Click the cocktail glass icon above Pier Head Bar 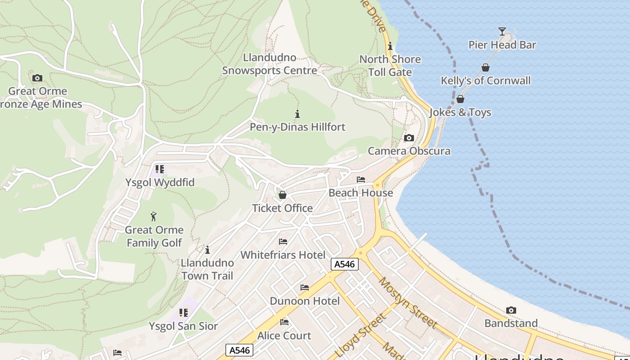click(502, 31)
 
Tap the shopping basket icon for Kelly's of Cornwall click(486, 68)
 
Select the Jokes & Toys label click(460, 112)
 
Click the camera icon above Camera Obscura click(409, 138)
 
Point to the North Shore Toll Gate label click(390, 66)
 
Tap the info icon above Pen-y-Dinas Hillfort click(297, 114)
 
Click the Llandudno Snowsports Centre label click(270, 64)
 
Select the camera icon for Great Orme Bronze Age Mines click(37, 78)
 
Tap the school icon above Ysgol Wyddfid click(159, 169)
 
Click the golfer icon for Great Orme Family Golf click(153, 216)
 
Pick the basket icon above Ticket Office click(283, 195)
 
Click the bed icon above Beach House click(361, 180)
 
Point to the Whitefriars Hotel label click(283, 255)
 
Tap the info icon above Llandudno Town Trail click(207, 250)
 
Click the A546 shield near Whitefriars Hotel click(345, 264)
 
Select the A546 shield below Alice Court click(239, 350)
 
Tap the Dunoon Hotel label click(305, 301)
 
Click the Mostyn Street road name click(408, 302)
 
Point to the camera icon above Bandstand click(511, 310)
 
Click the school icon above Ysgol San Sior click(183, 313)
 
